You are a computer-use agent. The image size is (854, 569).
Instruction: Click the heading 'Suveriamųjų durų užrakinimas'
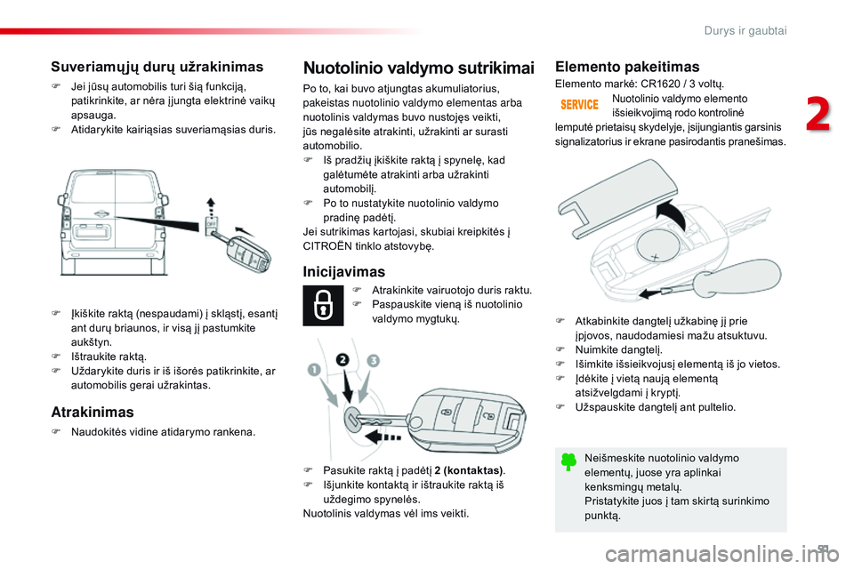click(x=157, y=67)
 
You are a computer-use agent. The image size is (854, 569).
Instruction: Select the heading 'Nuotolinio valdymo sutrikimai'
click(x=419, y=68)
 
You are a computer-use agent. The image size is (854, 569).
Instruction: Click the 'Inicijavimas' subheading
click(x=343, y=271)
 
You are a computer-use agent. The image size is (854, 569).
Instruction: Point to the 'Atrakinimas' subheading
click(x=93, y=412)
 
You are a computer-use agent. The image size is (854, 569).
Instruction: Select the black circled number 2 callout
click(x=343, y=360)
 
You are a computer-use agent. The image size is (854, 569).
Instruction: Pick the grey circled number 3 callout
click(x=373, y=361)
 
